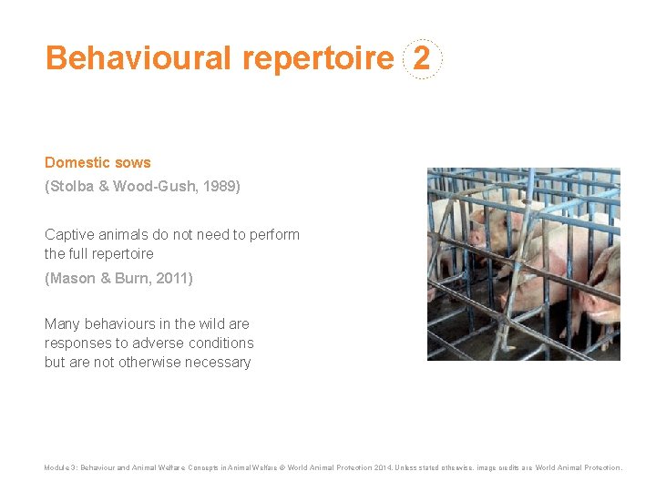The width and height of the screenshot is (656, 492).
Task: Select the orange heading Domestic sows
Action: (97, 162)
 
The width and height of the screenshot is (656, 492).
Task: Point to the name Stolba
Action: (73, 187)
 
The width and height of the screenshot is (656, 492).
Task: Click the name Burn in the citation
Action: (129, 278)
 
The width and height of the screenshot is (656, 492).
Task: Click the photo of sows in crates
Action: (523, 263)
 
